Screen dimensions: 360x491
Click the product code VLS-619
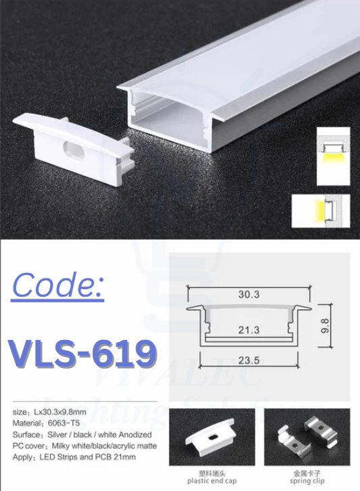click(x=83, y=354)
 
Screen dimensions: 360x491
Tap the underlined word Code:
click(x=58, y=285)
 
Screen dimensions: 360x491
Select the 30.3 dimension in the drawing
click(x=249, y=295)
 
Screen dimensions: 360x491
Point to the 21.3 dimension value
click(x=249, y=330)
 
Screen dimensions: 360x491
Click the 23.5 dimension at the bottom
click(x=249, y=360)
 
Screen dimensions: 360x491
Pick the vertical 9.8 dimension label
click(x=325, y=325)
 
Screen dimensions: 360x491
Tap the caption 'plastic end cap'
click(x=212, y=481)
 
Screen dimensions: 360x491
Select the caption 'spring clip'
click(x=307, y=481)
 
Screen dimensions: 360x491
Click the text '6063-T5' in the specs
click(x=64, y=423)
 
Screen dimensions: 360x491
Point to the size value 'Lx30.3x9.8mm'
click(x=60, y=412)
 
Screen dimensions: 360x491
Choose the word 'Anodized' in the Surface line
click(x=135, y=435)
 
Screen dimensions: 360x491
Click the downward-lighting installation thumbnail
click(x=334, y=156)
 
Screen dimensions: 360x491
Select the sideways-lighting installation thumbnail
click(x=321, y=211)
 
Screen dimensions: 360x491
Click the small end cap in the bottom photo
click(x=210, y=434)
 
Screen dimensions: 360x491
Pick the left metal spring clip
click(x=290, y=437)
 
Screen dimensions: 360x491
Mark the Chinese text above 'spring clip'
click(x=307, y=473)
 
